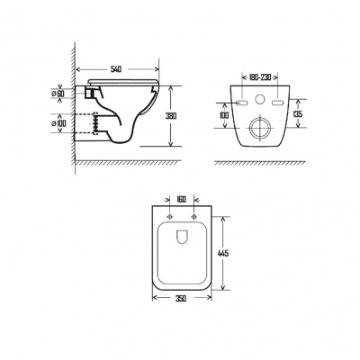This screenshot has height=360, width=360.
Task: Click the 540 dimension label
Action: point(116,69)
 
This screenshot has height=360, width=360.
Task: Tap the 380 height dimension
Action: point(171,116)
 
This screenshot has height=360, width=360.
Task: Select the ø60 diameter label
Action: point(58,94)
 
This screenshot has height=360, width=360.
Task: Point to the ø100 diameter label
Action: point(58,123)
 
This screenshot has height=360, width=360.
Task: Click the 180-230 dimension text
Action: point(260,77)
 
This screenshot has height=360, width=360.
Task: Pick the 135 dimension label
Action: point(298,114)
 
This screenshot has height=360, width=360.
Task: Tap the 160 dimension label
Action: point(182,199)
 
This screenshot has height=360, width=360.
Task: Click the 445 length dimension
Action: point(222,253)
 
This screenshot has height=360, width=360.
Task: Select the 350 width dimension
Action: point(181,298)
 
